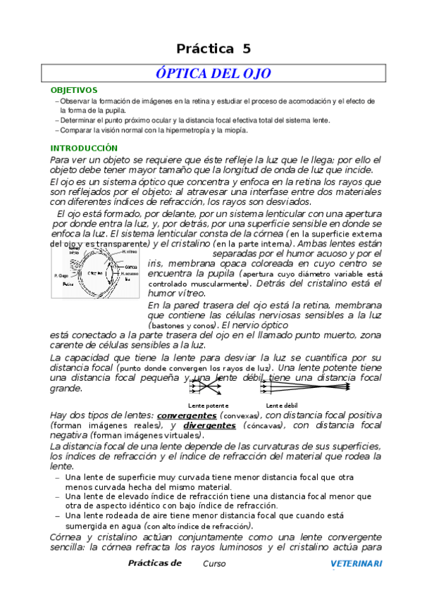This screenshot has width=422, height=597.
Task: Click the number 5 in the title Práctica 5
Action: [x=246, y=49]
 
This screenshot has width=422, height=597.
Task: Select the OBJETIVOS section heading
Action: [x=74, y=91]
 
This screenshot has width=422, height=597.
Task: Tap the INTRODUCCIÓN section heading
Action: [x=83, y=149]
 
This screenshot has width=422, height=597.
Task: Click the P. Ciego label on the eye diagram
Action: [x=61, y=275]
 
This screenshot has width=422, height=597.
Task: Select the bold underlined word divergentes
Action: [x=209, y=426]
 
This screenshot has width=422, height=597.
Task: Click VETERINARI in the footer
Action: [x=356, y=563]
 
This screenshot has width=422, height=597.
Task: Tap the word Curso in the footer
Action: [x=214, y=564]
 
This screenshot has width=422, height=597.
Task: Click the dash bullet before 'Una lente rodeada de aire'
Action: [x=57, y=515]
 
